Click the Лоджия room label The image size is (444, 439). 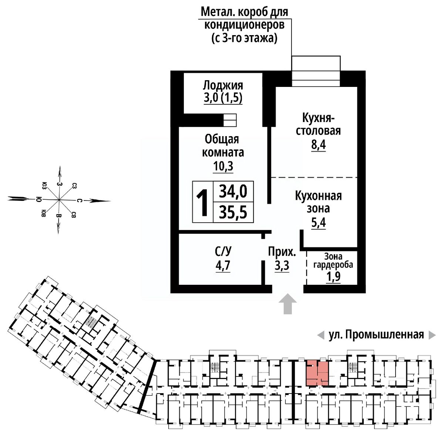(223, 85)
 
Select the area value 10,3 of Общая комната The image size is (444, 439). (223, 167)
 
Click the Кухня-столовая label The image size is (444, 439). (318, 125)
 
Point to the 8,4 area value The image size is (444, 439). (318, 145)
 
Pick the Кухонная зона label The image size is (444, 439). (318, 202)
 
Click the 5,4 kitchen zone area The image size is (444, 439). (318, 223)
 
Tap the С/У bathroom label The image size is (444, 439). (223, 252)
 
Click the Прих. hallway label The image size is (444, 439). (282, 252)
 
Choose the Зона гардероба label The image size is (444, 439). (333, 260)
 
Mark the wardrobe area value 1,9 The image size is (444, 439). (333, 277)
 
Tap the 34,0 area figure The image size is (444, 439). (233, 192)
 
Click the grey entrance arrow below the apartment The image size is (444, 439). (287, 304)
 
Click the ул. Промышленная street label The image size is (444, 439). (376, 335)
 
